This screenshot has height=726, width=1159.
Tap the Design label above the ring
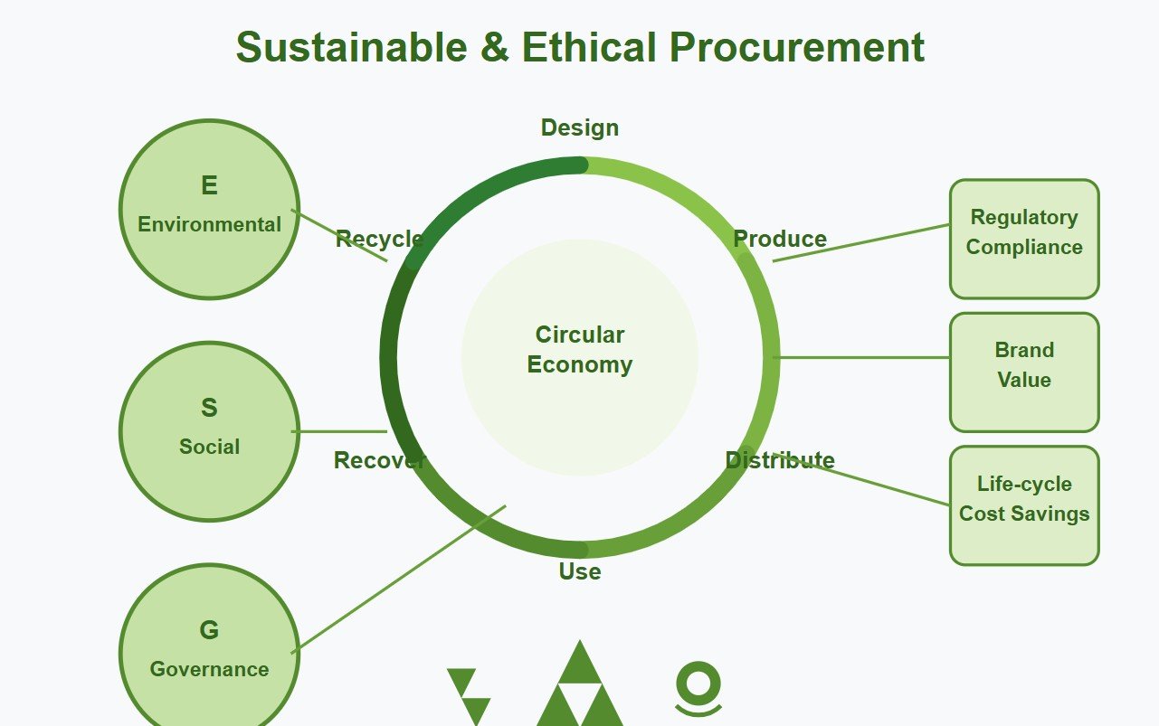tap(579, 128)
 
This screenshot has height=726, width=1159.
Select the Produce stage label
tap(779, 239)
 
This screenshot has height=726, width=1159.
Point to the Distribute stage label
tap(779, 460)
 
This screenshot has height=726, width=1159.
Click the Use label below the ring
tap(579, 571)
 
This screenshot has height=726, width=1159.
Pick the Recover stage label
tap(378, 460)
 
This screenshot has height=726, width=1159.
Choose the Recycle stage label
tap(378, 239)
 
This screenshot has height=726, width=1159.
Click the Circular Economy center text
tap(579, 350)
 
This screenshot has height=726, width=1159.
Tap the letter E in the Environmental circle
tap(209, 186)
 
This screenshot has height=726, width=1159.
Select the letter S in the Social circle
tap(209, 409)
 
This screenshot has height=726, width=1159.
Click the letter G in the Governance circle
tap(209, 630)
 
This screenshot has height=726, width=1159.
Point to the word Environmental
tap(209, 224)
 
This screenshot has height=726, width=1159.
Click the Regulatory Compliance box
tap(1023, 239)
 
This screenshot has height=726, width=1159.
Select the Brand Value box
tap(1023, 372)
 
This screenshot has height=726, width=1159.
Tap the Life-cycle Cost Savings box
tap(1023, 504)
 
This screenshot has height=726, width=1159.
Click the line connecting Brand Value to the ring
tap(864, 357)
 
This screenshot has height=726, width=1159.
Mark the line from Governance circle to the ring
tap(398, 578)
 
